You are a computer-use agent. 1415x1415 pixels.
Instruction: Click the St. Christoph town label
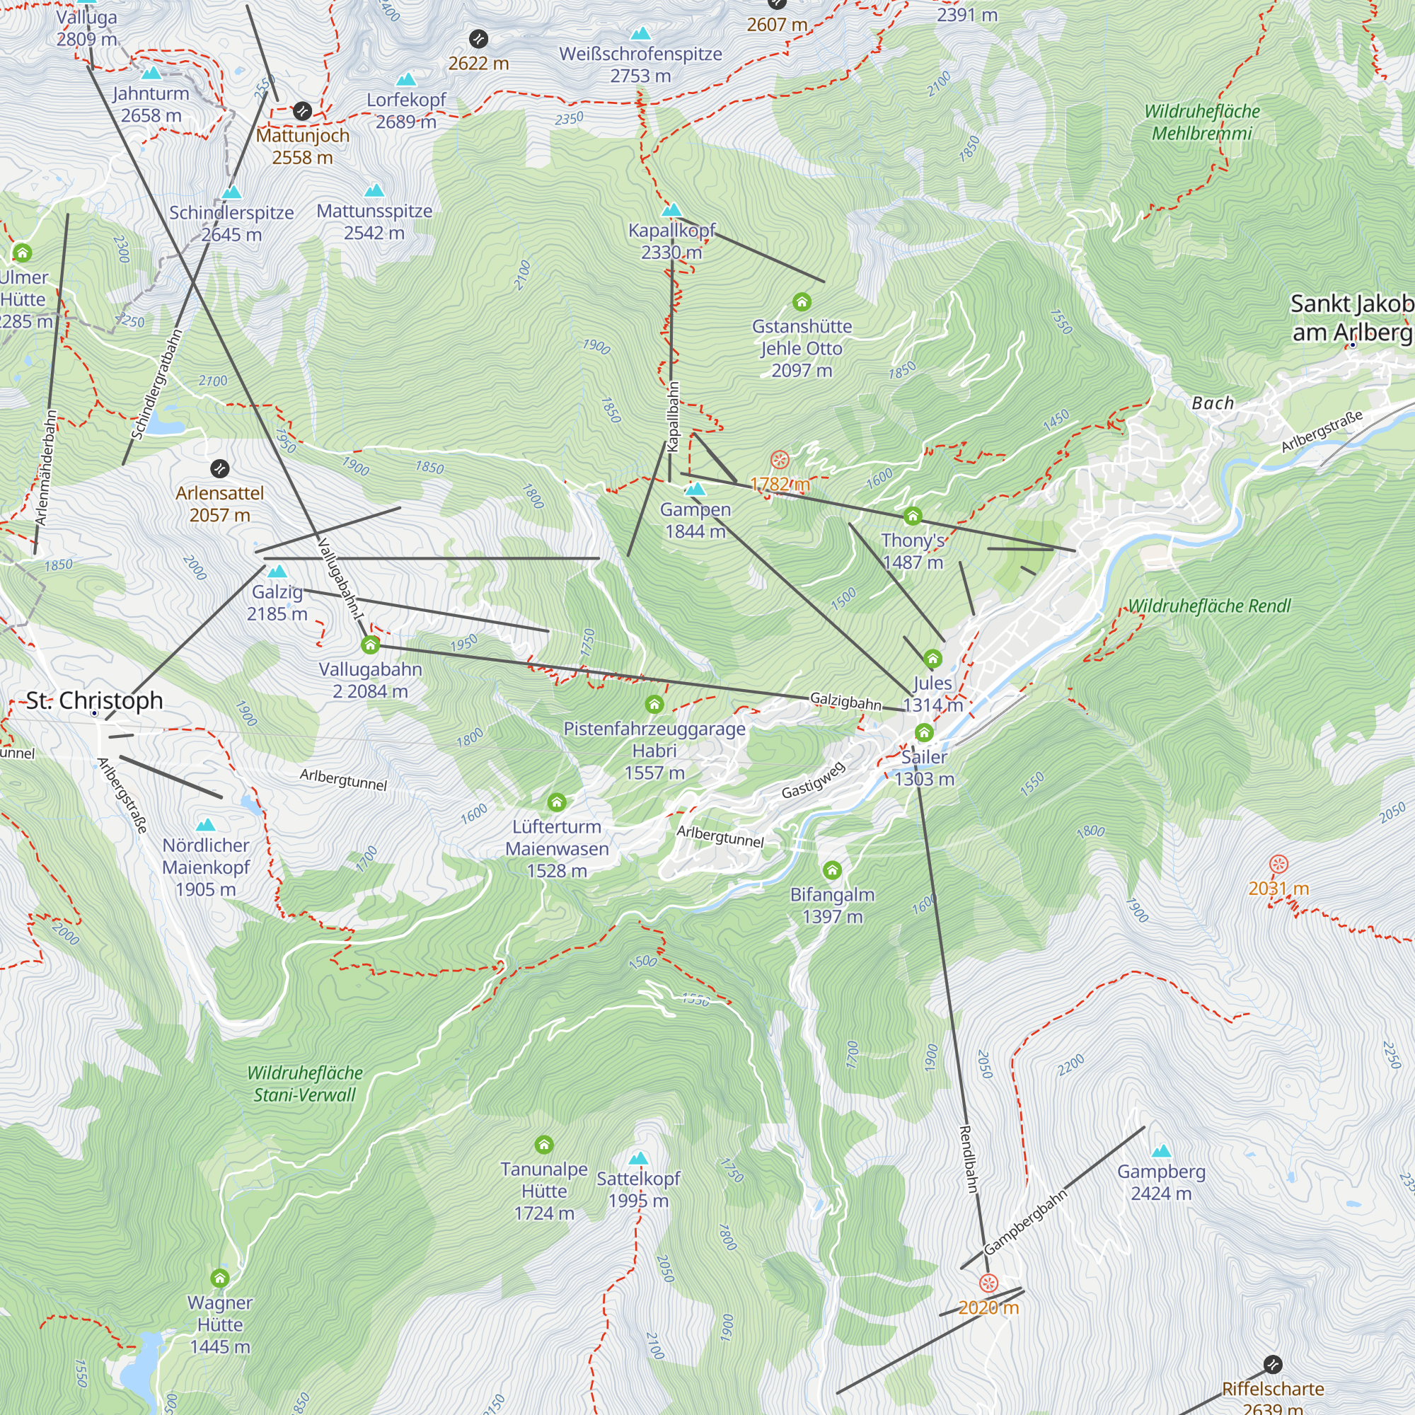[x=95, y=700]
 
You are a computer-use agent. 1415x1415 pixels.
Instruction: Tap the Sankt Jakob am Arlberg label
[x=1351, y=318]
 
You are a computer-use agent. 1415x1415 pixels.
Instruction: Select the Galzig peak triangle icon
[x=277, y=571]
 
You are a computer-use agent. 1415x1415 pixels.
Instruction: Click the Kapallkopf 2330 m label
[x=671, y=241]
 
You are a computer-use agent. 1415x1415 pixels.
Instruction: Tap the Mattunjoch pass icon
[x=303, y=111]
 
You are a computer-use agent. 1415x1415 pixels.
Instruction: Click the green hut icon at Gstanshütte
[x=802, y=302]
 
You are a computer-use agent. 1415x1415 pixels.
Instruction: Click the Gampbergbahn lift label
[x=1024, y=1223]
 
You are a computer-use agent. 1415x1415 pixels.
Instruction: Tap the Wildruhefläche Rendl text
[x=1209, y=606]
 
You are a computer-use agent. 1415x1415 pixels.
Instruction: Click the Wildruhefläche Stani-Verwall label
[x=305, y=1084]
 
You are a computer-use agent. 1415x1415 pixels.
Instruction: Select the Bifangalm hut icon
[x=832, y=870]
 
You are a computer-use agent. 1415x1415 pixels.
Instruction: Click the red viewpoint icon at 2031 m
[x=1278, y=865]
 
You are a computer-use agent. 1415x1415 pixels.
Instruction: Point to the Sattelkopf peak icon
[x=639, y=1158]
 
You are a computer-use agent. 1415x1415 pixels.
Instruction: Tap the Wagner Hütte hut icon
[x=220, y=1278]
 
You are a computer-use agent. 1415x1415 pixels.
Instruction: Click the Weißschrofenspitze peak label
[x=641, y=64]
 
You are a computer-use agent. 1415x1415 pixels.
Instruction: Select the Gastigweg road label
[x=813, y=780]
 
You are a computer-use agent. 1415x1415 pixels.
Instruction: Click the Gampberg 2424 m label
[x=1161, y=1182]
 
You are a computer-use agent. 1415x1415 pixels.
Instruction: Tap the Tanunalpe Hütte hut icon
[x=543, y=1145]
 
